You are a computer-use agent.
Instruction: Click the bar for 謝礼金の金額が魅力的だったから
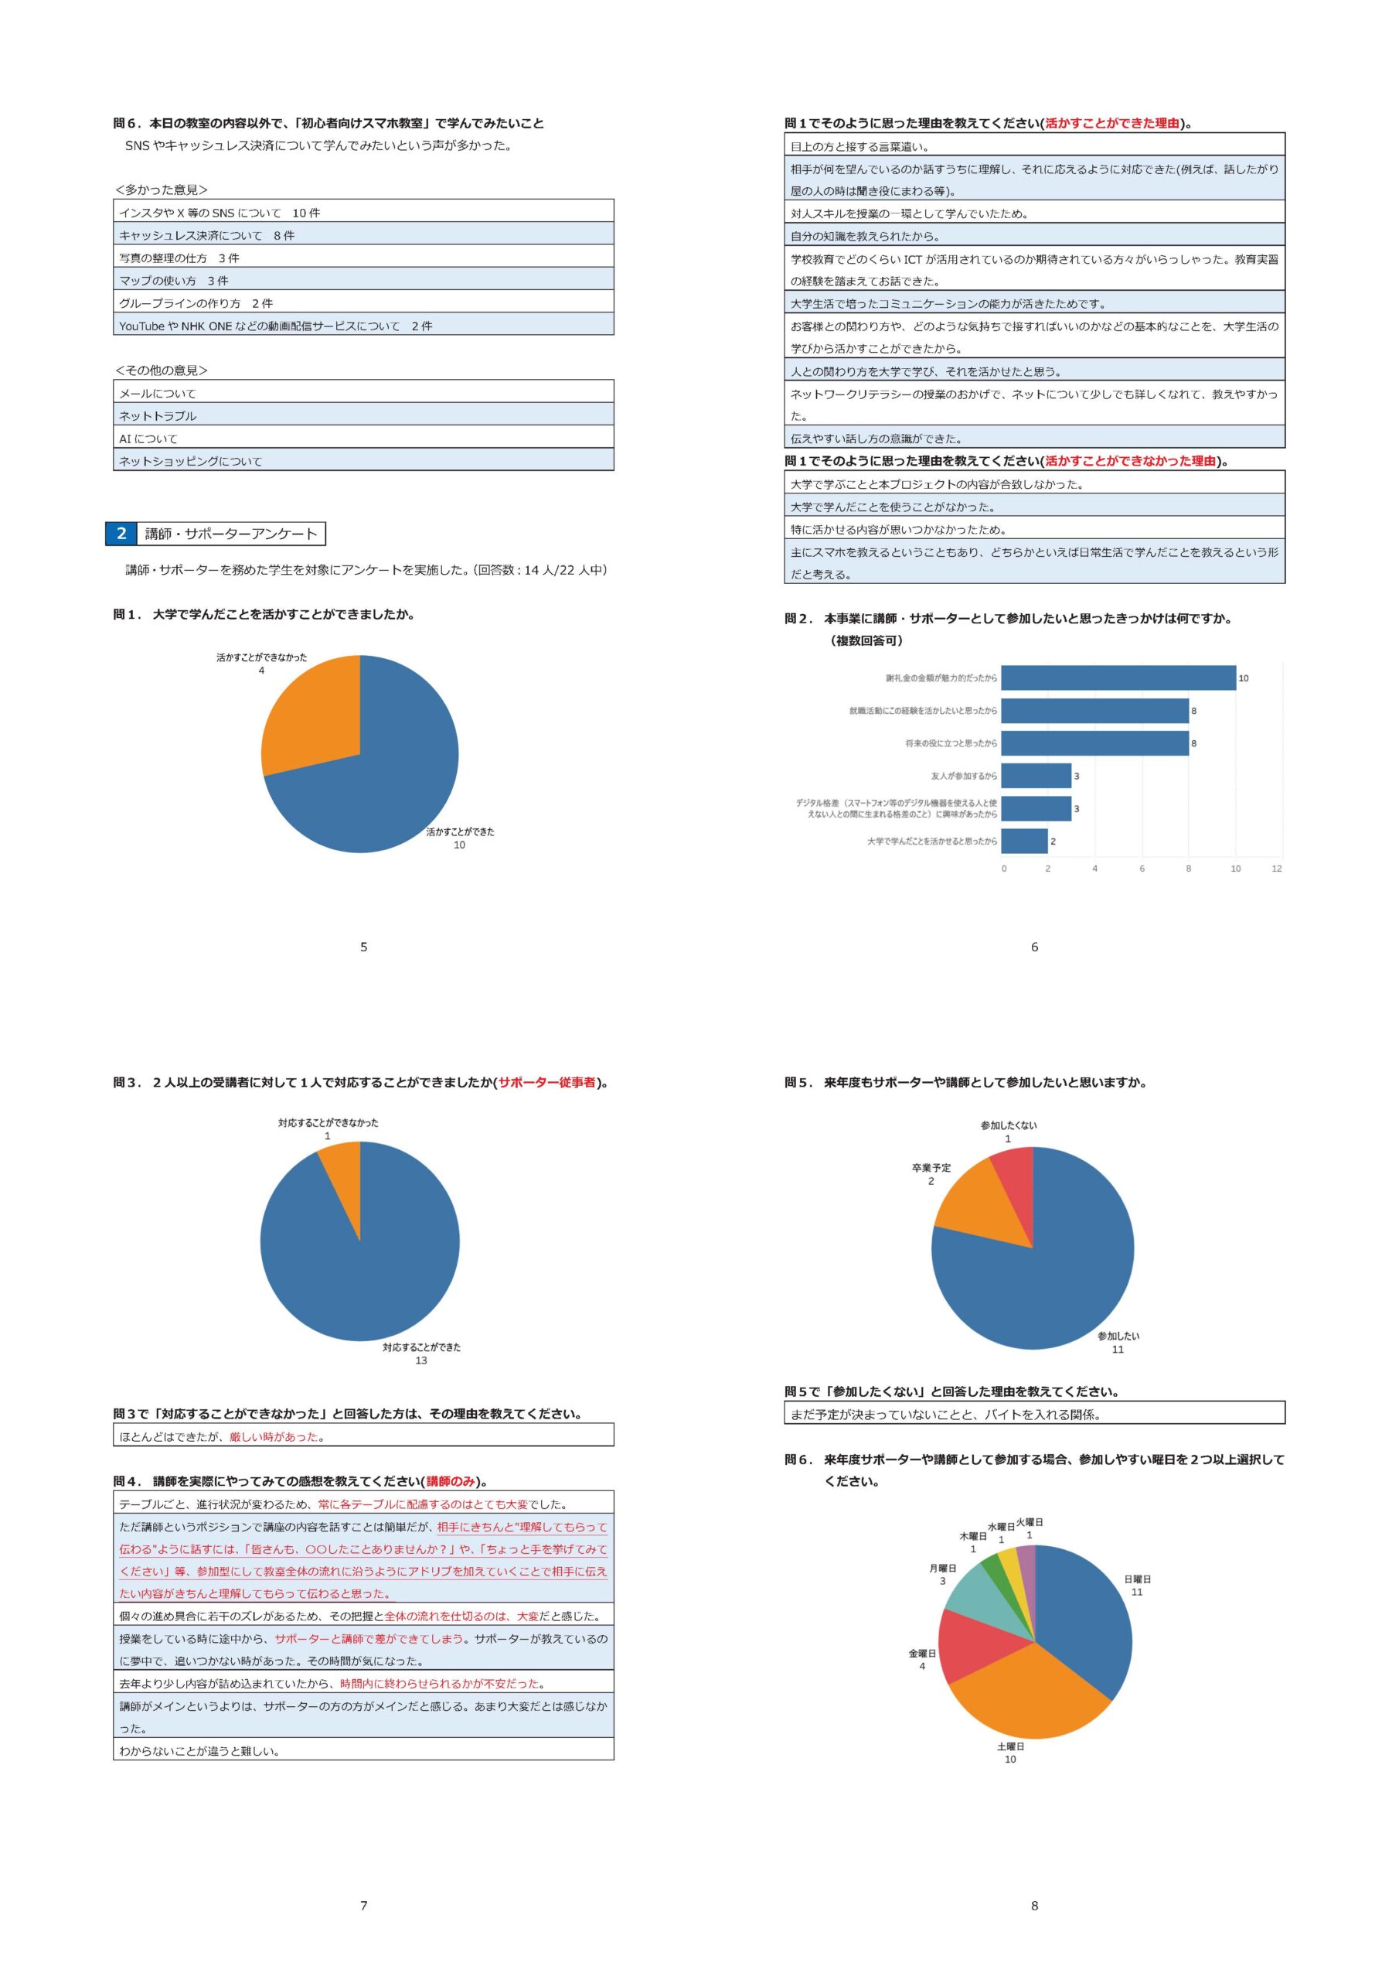tap(1118, 678)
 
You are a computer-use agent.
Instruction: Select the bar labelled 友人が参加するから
tap(1036, 776)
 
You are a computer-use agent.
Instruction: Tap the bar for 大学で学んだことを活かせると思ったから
tap(1024, 841)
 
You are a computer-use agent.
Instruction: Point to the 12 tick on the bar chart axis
tap(1276, 869)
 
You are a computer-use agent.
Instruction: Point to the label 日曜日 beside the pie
tap(1137, 1579)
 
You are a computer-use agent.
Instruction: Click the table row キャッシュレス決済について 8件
tap(363, 235)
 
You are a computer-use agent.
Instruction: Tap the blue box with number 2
tap(121, 534)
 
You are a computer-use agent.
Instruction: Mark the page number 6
tap(1034, 947)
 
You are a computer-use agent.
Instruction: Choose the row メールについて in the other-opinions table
tap(363, 393)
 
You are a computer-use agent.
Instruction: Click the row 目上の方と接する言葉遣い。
tap(1033, 147)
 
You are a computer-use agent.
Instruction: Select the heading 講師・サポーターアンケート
tap(231, 534)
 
